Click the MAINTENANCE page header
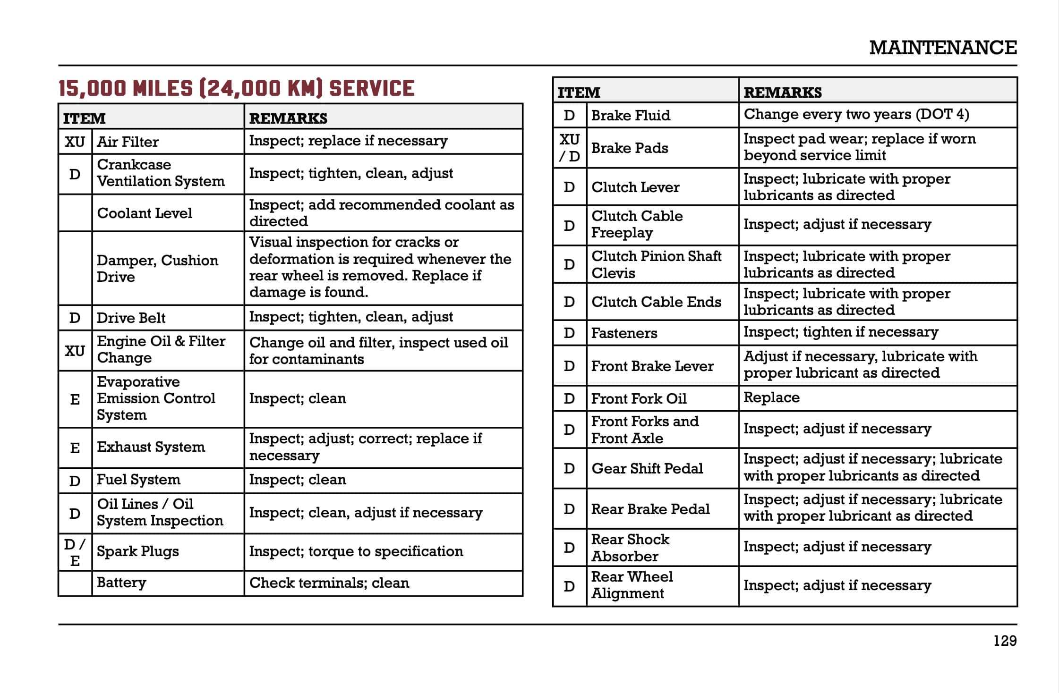click(x=942, y=48)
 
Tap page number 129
click(x=1005, y=641)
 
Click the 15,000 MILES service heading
click(x=236, y=88)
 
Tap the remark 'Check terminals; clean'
click(x=329, y=583)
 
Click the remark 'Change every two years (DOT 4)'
click(x=856, y=114)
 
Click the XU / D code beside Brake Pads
click(x=569, y=148)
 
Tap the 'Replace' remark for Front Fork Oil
click(x=771, y=397)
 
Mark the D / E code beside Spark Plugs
click(x=75, y=552)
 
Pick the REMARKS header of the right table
click(x=783, y=92)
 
